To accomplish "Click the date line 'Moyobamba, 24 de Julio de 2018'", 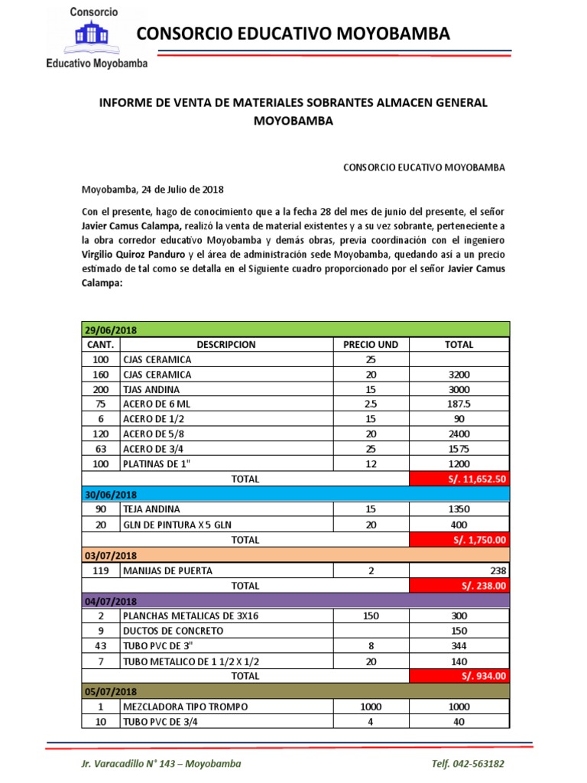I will pyautogui.click(x=153, y=190).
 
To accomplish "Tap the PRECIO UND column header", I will pyautogui.click(x=371, y=345).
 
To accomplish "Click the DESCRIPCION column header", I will pyautogui.click(x=225, y=345).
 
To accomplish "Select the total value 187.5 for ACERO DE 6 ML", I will pyautogui.click(x=459, y=404).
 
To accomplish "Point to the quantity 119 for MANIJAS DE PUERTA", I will pyautogui.click(x=99, y=570).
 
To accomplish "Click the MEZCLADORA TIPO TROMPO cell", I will pyautogui.click(x=185, y=706).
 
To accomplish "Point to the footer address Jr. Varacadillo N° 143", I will pyautogui.click(x=161, y=764).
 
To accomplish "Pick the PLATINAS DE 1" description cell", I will pyautogui.click(x=157, y=465).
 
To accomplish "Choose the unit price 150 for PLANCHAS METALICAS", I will pyautogui.click(x=371, y=616).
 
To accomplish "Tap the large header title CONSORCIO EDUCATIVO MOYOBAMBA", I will pyautogui.click(x=293, y=34).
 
